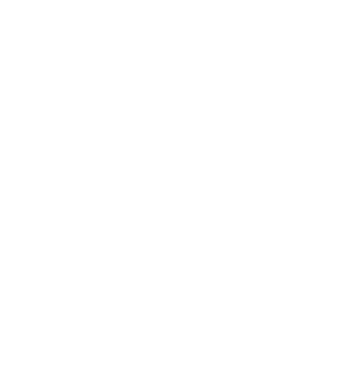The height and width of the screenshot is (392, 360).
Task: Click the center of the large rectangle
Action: click(x=193, y=273)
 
